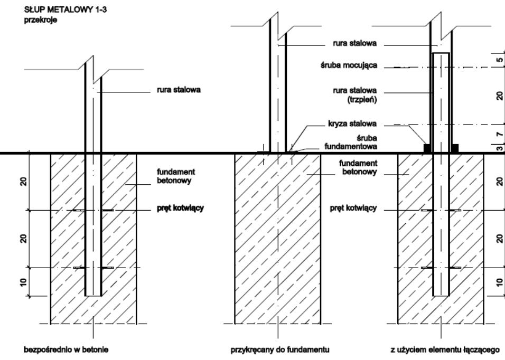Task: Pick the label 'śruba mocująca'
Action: pos(354,67)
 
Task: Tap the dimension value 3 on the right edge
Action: pos(499,149)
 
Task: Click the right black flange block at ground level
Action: pos(454,148)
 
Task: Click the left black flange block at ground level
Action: pos(427,148)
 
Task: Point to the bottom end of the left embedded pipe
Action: pos(93,295)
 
